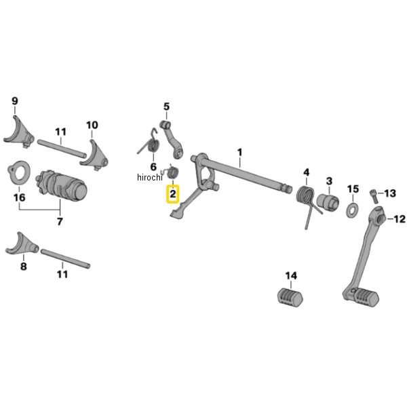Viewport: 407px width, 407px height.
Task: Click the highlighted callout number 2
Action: point(173,195)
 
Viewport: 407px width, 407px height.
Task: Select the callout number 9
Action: point(15,102)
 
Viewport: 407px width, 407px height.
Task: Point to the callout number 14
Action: point(291,275)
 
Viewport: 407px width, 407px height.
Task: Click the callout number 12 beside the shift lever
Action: point(398,218)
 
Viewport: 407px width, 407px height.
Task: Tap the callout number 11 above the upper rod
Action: point(61,131)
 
